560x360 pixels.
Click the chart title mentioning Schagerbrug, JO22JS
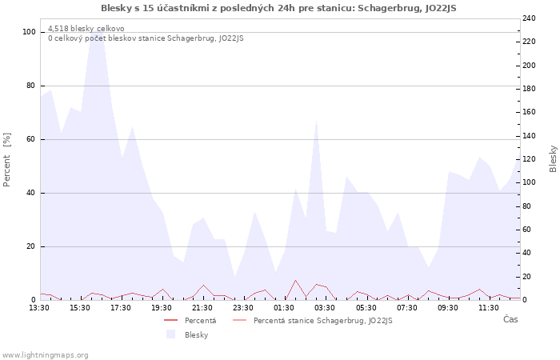279,8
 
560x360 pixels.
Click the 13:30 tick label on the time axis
39,307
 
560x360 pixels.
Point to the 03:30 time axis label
325,307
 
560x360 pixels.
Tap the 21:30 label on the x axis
202,307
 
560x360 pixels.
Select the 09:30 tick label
448,307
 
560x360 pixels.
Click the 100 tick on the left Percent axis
30,32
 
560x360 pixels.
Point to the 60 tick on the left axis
31,139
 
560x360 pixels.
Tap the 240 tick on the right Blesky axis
530,18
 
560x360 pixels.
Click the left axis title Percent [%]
7,160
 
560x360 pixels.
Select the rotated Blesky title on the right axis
553,158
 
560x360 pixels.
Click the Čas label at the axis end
510,319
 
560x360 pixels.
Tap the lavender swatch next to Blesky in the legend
170,334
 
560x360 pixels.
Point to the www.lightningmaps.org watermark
46,354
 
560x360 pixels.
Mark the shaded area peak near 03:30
317,121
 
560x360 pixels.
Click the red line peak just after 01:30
295,280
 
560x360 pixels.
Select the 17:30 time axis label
121,307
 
